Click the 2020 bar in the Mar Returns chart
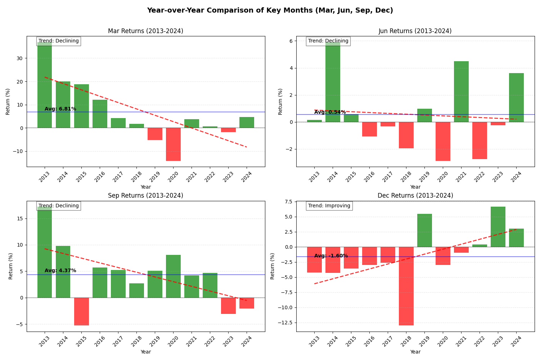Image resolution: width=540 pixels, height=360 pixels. (x=173, y=144)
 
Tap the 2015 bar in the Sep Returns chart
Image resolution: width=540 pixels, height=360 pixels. (x=81, y=311)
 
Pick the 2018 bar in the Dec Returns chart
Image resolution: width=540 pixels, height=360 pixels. (x=406, y=286)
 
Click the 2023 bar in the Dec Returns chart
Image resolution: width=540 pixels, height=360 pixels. (x=498, y=227)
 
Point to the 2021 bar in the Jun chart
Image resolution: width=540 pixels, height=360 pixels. (x=461, y=91)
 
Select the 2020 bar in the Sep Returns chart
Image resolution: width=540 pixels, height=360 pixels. (x=173, y=276)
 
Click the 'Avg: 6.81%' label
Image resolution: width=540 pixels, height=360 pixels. (x=60, y=109)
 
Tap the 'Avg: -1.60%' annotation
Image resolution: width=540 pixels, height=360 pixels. (x=331, y=256)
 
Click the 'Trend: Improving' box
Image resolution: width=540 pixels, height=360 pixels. (x=329, y=206)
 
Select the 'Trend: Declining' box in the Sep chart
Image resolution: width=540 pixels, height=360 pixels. (x=59, y=206)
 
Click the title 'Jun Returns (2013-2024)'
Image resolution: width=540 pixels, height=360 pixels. (x=415, y=31)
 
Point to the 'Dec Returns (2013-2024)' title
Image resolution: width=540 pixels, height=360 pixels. (x=415, y=196)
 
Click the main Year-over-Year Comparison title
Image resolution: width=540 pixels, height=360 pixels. (x=270, y=10)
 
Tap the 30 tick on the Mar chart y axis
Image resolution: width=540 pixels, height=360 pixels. (x=19, y=58)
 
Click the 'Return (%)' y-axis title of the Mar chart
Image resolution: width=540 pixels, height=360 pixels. (x=8, y=102)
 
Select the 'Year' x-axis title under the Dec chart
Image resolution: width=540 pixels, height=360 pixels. (x=415, y=352)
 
